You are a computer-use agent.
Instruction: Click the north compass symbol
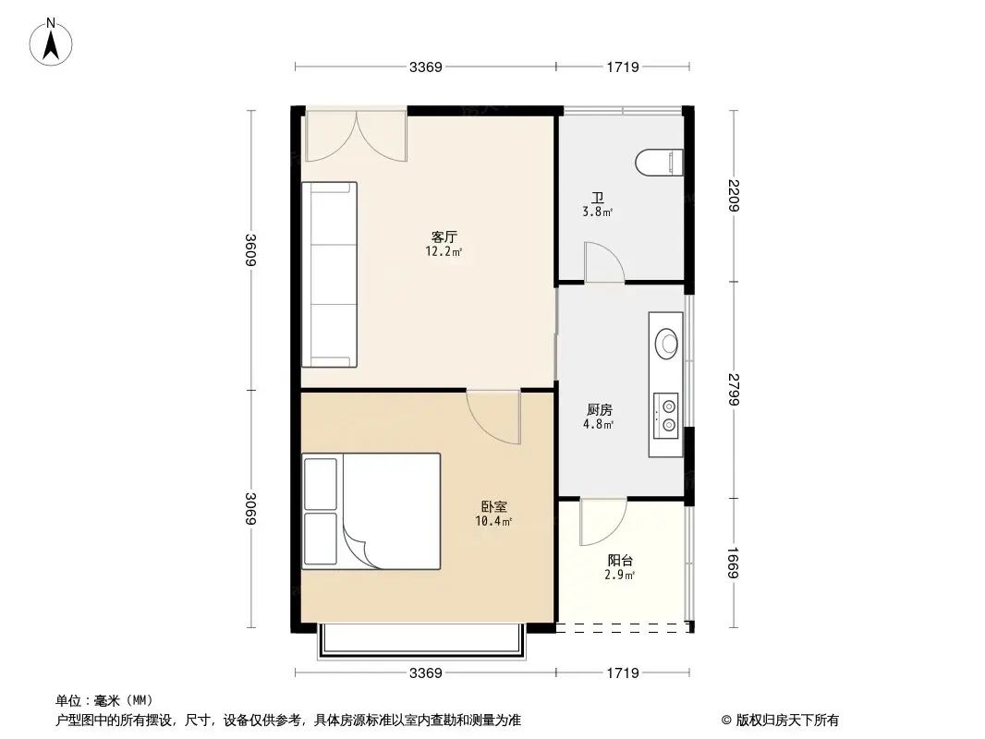(x=54, y=41)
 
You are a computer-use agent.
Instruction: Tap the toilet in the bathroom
(x=661, y=164)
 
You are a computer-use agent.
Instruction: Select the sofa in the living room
(x=330, y=273)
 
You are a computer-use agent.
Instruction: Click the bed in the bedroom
(x=371, y=511)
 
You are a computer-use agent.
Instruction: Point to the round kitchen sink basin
(x=667, y=344)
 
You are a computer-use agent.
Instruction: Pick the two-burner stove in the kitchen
(x=666, y=414)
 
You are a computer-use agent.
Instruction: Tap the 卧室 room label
(x=493, y=507)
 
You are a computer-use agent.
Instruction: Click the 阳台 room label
(x=620, y=561)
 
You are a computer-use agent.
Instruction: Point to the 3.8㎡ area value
(x=598, y=212)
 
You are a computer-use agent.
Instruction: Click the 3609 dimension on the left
(x=250, y=249)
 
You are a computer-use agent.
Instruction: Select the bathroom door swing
(x=603, y=262)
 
